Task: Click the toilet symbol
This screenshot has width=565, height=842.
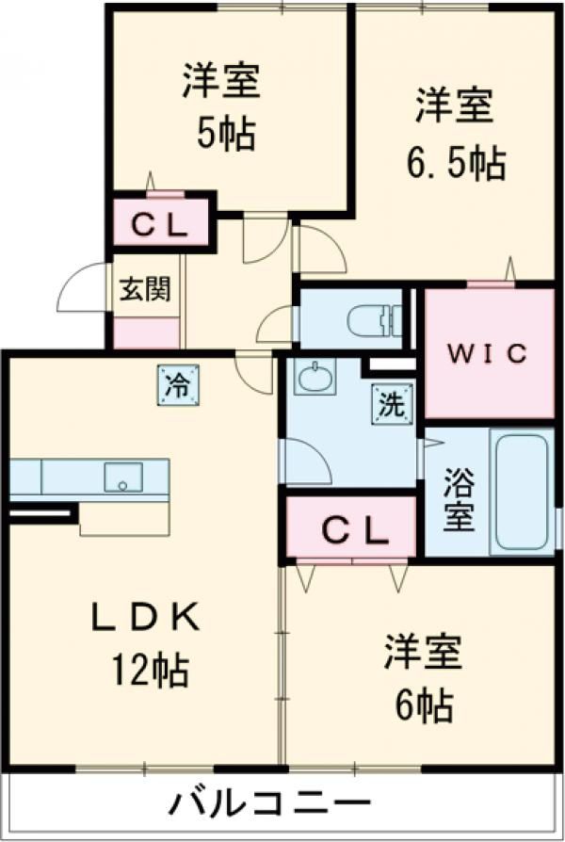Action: [375, 321]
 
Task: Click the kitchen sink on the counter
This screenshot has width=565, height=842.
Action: [123, 477]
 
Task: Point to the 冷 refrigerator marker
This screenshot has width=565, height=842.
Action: [178, 385]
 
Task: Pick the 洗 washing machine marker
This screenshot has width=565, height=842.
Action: [393, 404]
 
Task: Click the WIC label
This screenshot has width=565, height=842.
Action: [488, 353]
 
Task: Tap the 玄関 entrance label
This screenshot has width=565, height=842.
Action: [145, 289]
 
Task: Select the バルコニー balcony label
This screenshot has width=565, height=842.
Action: [270, 804]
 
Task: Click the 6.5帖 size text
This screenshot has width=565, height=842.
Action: [456, 163]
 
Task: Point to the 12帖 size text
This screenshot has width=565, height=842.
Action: [150, 670]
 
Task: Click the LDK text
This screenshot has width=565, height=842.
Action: [145, 617]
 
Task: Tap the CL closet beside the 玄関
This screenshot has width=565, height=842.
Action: [160, 225]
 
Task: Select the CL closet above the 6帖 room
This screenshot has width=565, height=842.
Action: [350, 526]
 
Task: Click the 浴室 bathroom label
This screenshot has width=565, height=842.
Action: [459, 499]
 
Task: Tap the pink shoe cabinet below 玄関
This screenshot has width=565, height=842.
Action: [147, 332]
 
